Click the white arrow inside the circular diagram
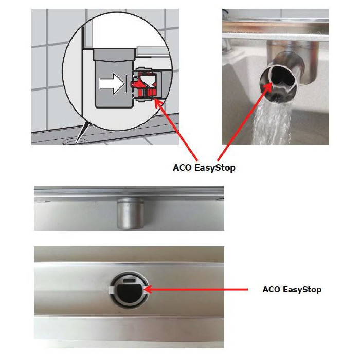pyautogui.click(x=112, y=83)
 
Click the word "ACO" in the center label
pyautogui.click(x=182, y=167)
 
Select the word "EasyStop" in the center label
pyautogui.click(x=214, y=168)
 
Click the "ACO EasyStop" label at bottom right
pyautogui.click(x=292, y=289)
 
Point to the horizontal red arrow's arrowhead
pyautogui.click(x=148, y=290)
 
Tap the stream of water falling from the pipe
pyautogui.click(x=272, y=124)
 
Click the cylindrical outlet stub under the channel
pyautogui.click(x=131, y=214)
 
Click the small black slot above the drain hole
pyautogui.click(x=130, y=280)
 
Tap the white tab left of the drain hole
pyautogui.click(x=111, y=290)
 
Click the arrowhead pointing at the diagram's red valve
pyautogui.click(x=157, y=102)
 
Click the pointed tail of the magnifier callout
pyautogui.click(x=77, y=143)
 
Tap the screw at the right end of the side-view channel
pyautogui.click(x=220, y=200)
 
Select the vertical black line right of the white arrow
pyautogui.click(x=126, y=83)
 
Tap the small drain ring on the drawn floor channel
pyautogui.click(x=75, y=141)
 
